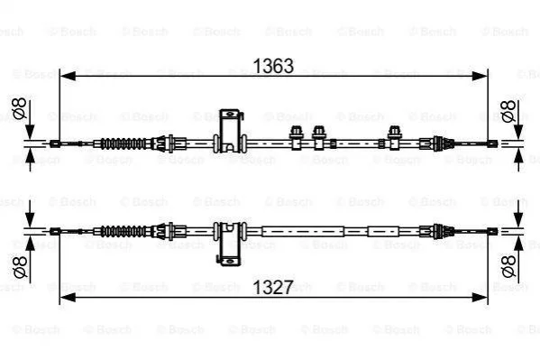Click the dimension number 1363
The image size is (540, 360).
(x=273, y=66)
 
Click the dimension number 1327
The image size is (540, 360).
(x=273, y=287)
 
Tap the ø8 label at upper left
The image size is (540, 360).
(x=19, y=108)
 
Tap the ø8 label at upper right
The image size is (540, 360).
(x=508, y=111)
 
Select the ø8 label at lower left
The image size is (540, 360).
(x=20, y=266)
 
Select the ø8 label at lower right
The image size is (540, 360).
(x=509, y=266)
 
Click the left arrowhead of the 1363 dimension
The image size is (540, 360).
(x=68, y=76)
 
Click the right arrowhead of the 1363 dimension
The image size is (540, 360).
(x=480, y=76)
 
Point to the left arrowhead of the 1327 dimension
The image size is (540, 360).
(x=68, y=297)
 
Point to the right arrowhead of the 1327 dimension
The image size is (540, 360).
(x=480, y=297)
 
